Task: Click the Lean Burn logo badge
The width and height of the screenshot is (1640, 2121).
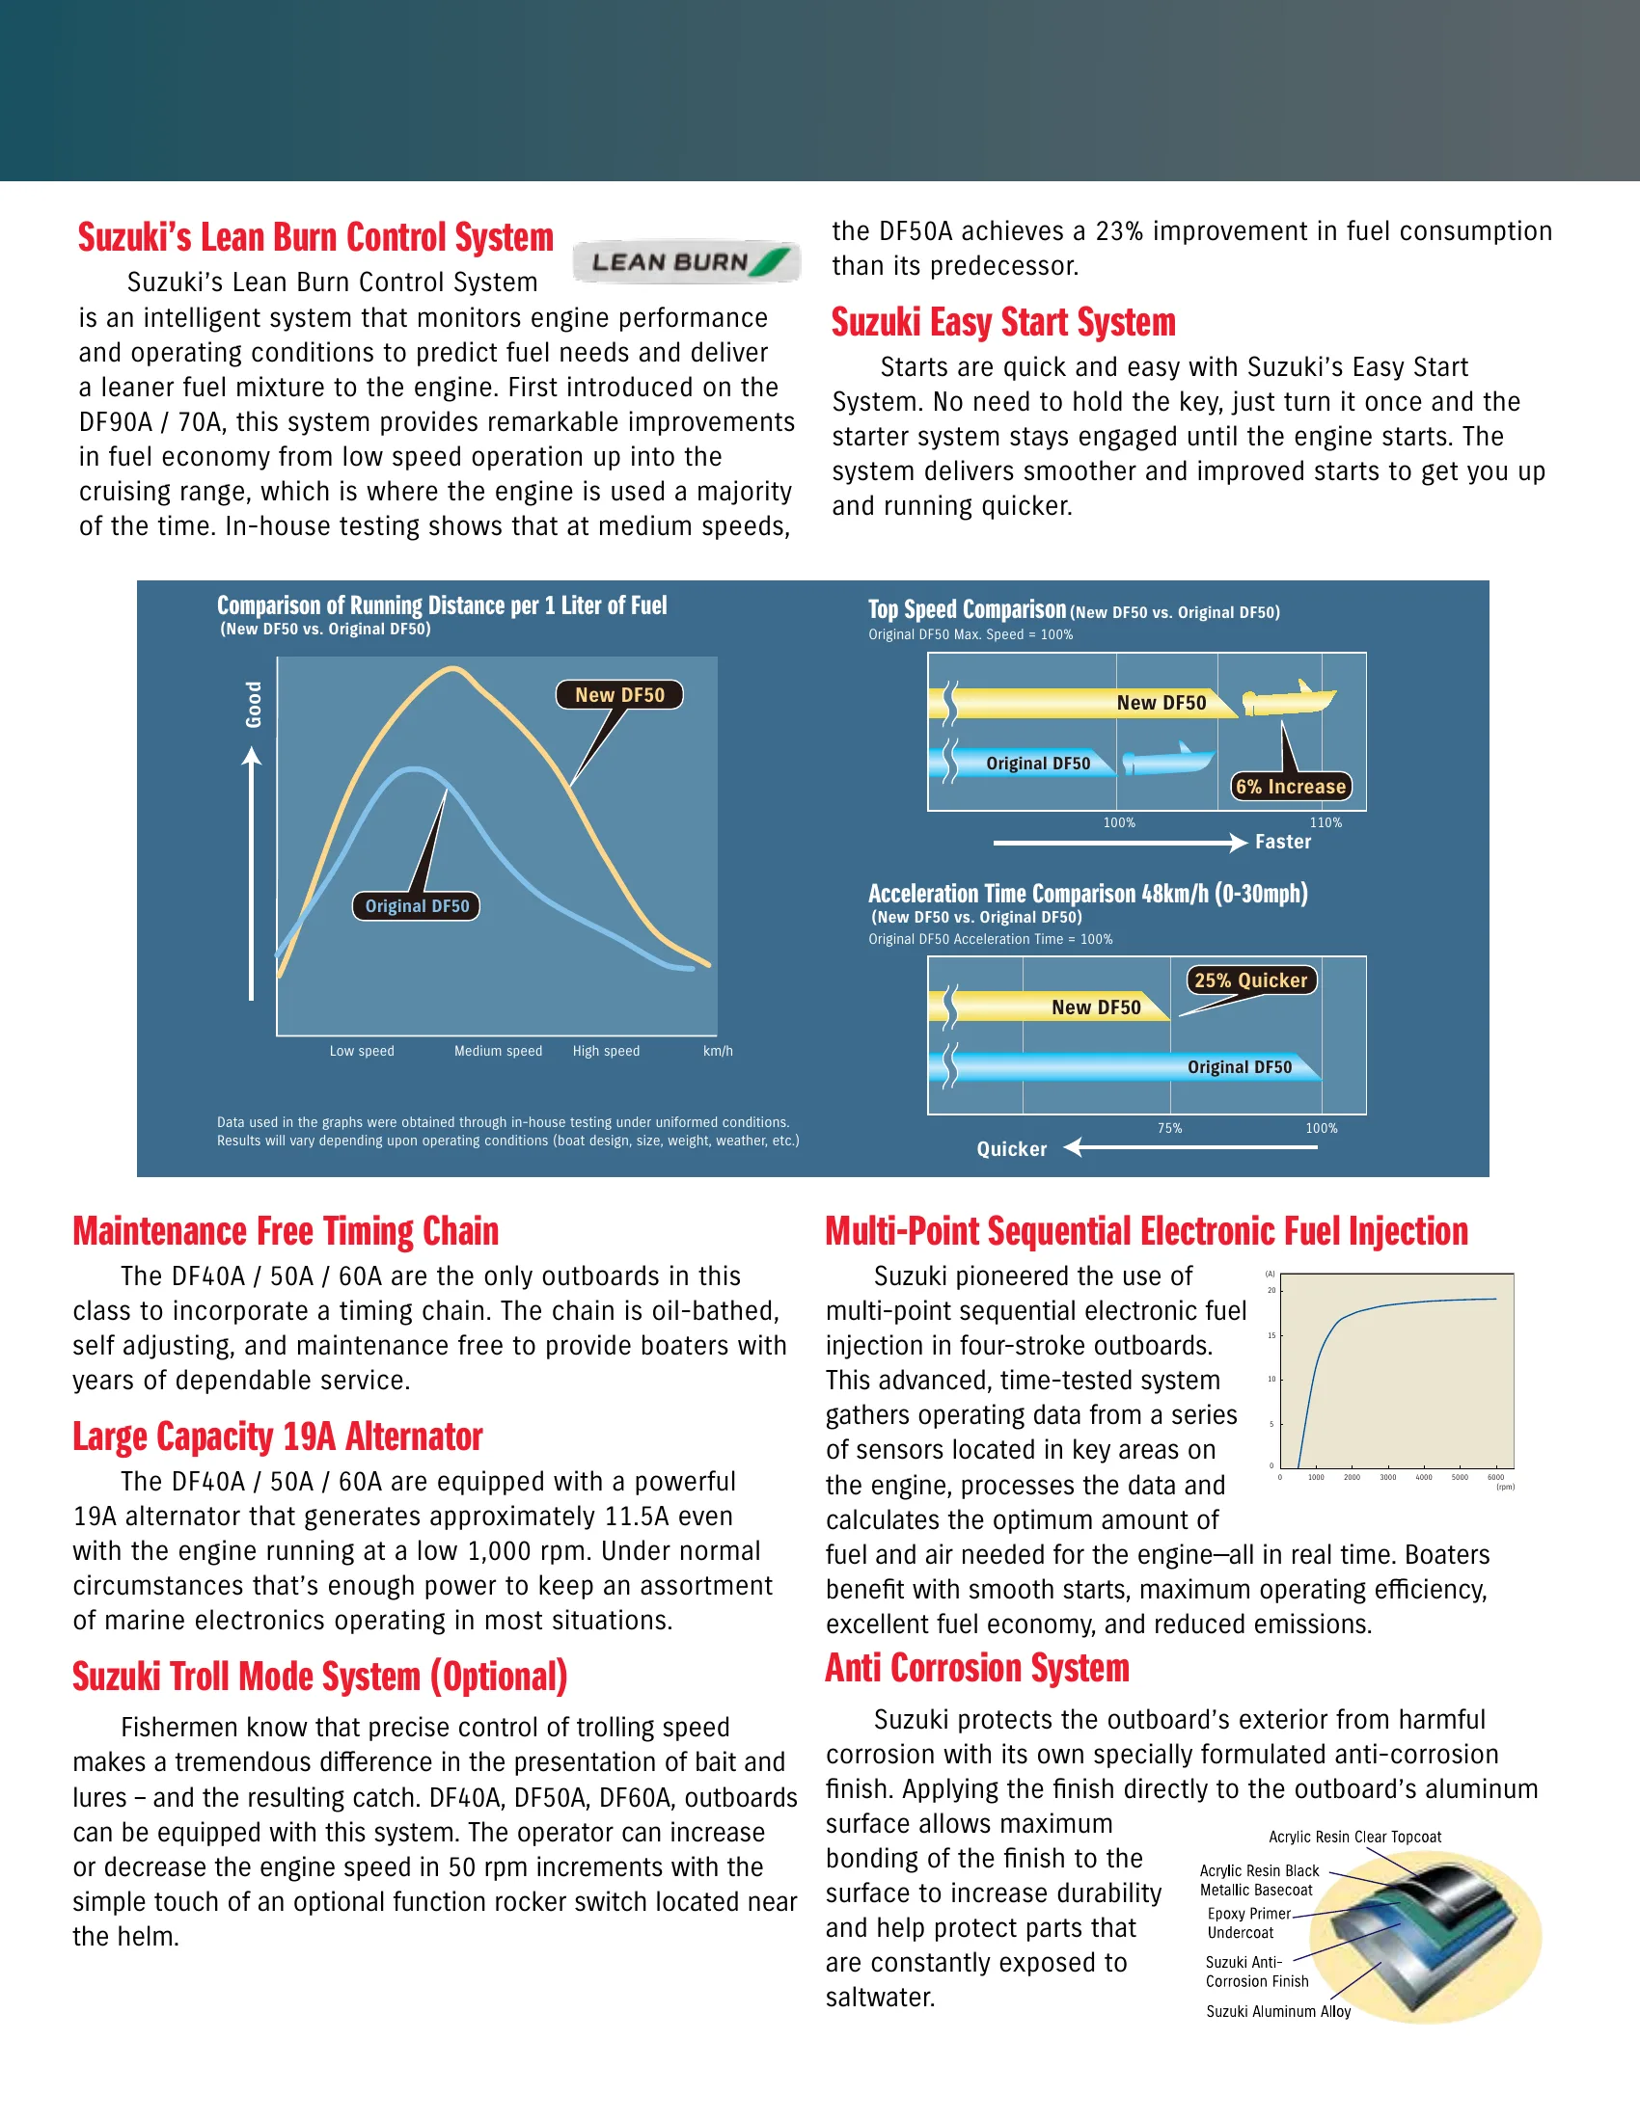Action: (x=686, y=261)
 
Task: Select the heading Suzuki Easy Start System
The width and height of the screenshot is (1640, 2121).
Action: (x=1002, y=322)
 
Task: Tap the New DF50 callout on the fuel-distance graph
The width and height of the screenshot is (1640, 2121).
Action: (x=619, y=695)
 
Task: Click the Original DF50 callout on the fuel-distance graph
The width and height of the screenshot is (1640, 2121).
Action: (x=416, y=906)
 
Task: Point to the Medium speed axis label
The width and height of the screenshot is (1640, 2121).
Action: (x=498, y=1051)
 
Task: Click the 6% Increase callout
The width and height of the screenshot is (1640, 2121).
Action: (x=1290, y=787)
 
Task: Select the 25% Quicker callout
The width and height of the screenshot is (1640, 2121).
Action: (x=1250, y=980)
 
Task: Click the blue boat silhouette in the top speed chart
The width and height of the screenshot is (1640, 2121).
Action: (x=1168, y=760)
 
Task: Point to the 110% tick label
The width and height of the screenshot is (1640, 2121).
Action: (x=1326, y=822)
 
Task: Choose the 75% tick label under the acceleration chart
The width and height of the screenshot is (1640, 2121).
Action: (x=1170, y=1129)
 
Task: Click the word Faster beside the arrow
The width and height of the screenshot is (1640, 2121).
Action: (x=1282, y=842)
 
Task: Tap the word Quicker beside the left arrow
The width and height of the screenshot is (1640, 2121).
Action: (x=1011, y=1149)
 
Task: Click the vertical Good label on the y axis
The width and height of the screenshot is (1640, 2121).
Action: (x=254, y=704)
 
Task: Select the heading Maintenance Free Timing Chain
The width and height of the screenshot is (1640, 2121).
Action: (x=286, y=1231)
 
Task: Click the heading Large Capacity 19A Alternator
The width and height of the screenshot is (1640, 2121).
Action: (x=278, y=1437)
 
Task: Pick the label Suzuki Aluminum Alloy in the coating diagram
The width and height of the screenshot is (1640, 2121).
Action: (x=1278, y=2011)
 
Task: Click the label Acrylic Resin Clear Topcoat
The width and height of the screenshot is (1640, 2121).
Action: (x=1354, y=1837)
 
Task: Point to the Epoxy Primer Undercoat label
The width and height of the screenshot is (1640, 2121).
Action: (x=1247, y=1923)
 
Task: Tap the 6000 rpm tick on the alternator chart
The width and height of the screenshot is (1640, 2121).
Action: (x=1495, y=1477)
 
